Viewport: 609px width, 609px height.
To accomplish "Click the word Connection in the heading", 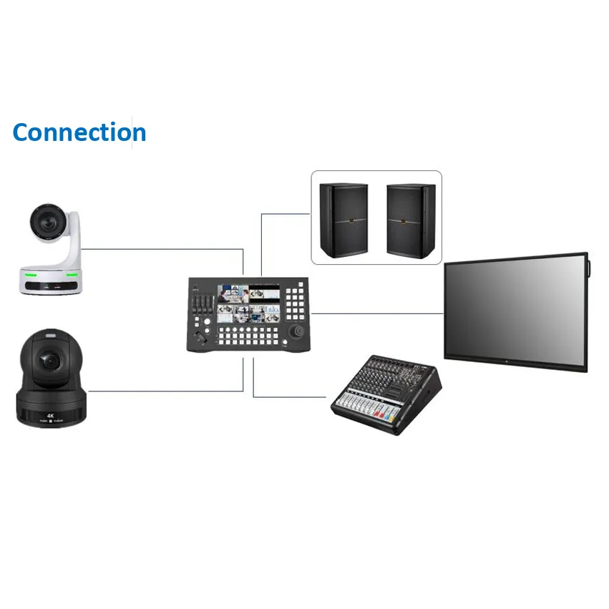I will [x=79, y=132].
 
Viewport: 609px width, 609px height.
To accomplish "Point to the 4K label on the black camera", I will [x=51, y=414].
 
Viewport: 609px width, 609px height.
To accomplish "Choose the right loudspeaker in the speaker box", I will [x=411, y=220].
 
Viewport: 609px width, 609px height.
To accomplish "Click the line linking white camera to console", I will [x=165, y=250].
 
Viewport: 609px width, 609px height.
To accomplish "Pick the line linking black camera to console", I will [x=165, y=391].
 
